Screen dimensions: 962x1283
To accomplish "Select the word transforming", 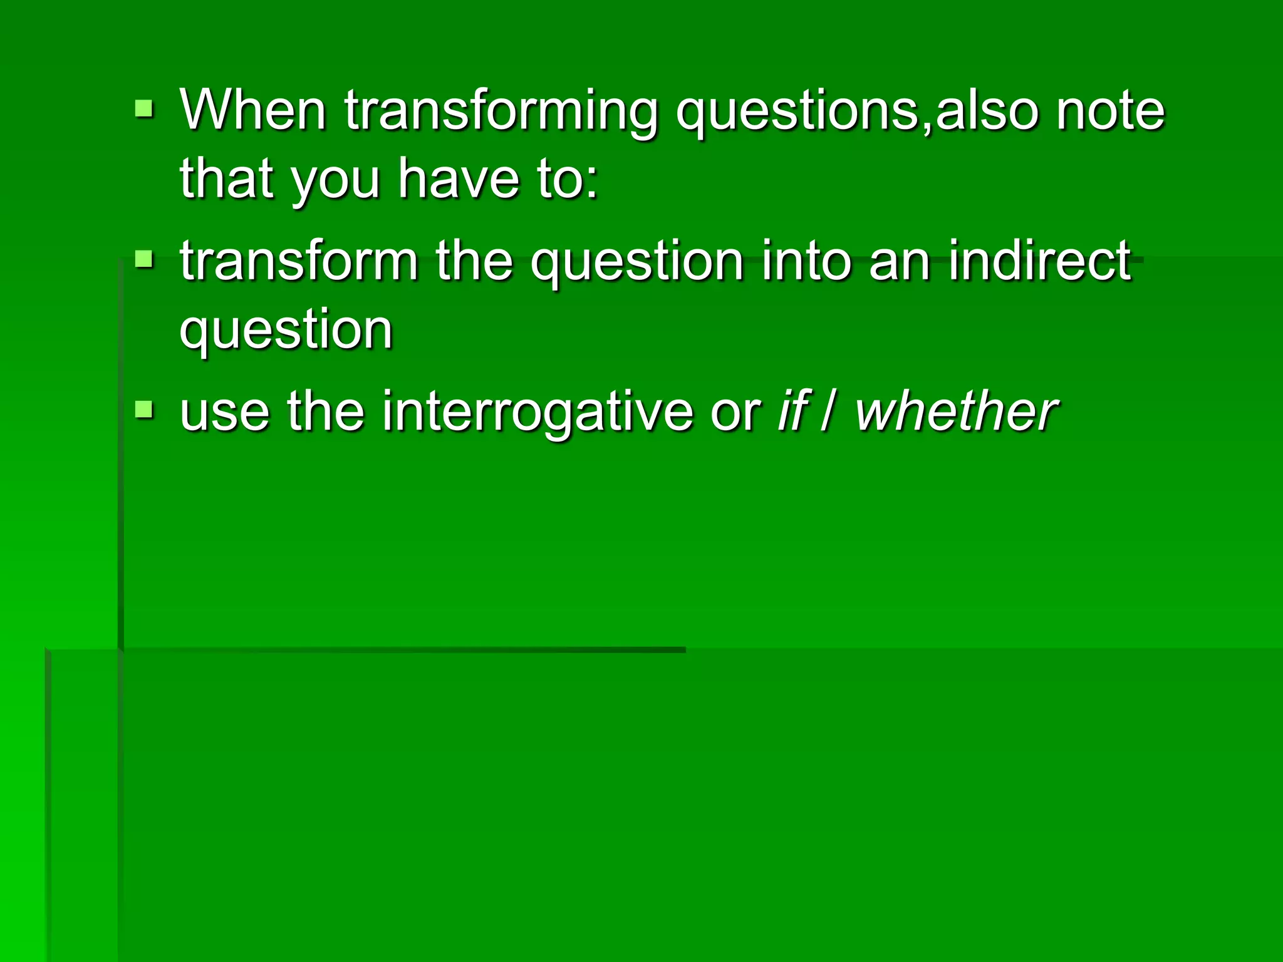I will coord(501,111).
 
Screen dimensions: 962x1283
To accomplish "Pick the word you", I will coord(336,180).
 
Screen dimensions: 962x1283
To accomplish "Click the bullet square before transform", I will coord(144,258).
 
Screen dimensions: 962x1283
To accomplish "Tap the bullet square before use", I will coord(144,410).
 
